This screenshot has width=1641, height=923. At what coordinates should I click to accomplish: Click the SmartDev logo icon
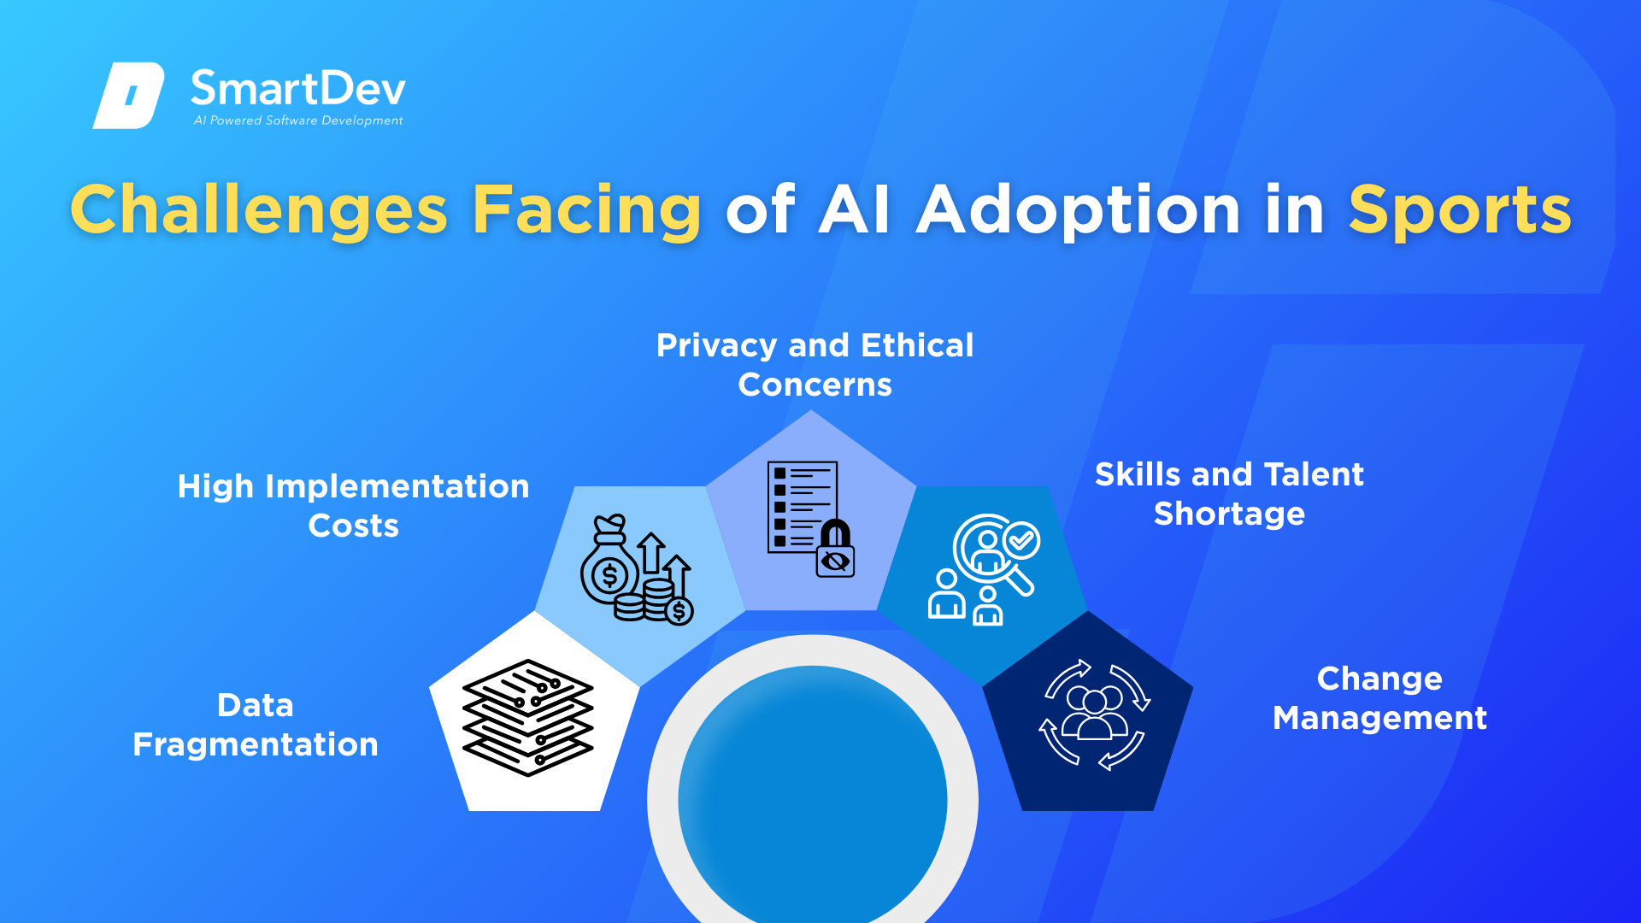(128, 95)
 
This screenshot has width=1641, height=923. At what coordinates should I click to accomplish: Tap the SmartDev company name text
(297, 88)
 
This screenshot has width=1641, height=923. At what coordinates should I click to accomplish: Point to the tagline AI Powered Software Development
(298, 121)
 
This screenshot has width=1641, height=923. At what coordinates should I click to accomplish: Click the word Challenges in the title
(259, 210)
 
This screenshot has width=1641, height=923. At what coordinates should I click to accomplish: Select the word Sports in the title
(1460, 210)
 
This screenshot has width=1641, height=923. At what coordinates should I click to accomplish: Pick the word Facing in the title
(586, 210)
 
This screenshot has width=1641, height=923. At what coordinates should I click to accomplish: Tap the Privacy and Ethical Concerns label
(815, 365)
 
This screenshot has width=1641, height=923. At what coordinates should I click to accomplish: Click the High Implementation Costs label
(353, 506)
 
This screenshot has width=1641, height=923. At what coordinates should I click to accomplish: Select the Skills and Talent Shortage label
(1229, 494)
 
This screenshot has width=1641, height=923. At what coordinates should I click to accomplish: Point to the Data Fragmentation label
(256, 725)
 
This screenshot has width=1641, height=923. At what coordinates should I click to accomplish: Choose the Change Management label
(1379, 698)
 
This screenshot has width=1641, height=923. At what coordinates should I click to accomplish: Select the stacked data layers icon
(527, 718)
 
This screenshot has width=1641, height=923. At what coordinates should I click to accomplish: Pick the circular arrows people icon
(1095, 714)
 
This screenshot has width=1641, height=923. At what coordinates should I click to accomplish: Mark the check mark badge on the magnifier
(1021, 540)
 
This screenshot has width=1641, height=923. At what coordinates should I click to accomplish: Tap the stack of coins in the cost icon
(658, 600)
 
